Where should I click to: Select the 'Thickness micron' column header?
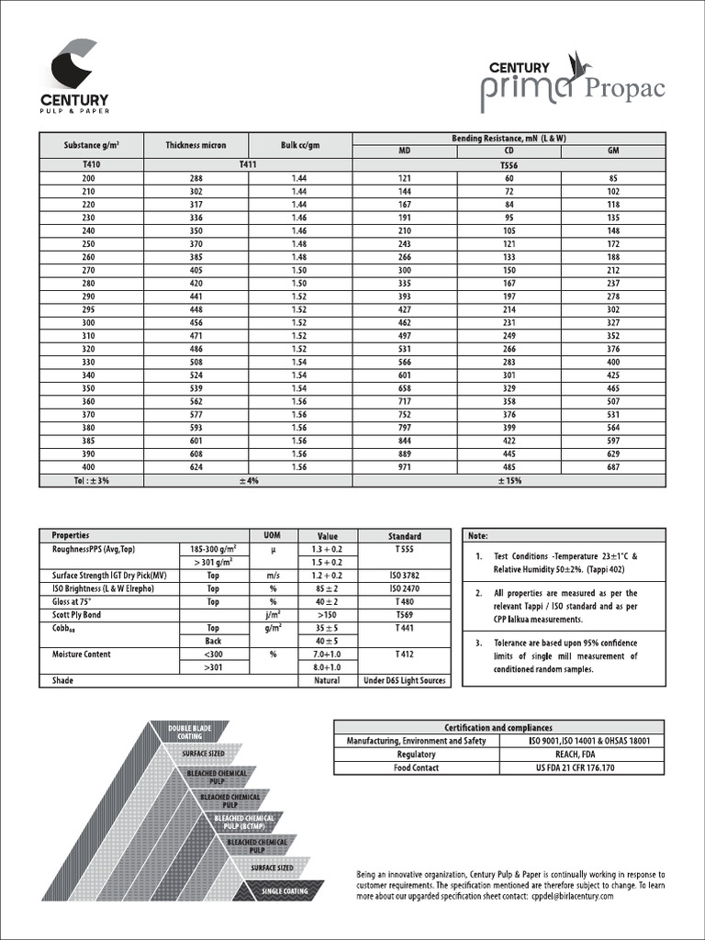[x=195, y=145]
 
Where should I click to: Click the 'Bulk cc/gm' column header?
[x=300, y=145]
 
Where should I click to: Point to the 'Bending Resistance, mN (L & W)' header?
[x=509, y=138]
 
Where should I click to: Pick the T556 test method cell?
[x=509, y=164]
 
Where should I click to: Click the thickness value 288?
[x=195, y=177]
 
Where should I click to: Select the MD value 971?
[x=405, y=468]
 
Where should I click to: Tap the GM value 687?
[x=613, y=468]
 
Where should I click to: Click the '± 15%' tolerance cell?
[x=509, y=481]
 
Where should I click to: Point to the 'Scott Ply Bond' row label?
[x=77, y=614]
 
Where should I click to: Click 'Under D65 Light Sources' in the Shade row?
[x=405, y=680]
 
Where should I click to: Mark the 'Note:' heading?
[x=478, y=535]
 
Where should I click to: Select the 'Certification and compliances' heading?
[x=498, y=727]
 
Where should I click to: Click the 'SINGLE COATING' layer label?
[x=285, y=891]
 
